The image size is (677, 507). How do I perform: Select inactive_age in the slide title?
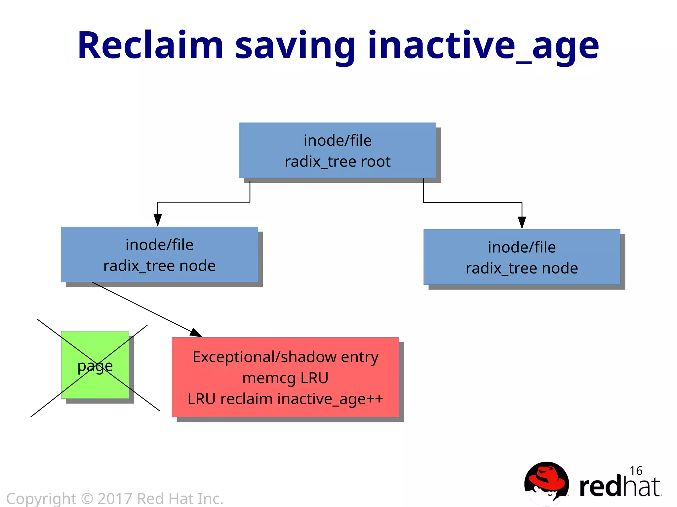tap(483, 46)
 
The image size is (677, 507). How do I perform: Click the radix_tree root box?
tap(338, 150)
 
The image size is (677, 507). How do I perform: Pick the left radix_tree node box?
tap(159, 254)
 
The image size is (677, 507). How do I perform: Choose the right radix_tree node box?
tap(522, 257)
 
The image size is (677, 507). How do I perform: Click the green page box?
tap(95, 365)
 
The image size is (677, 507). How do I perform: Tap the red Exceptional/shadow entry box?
tap(285, 377)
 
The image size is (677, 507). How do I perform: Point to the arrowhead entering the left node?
tap(158, 220)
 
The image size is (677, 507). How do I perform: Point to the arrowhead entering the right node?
tap(522, 222)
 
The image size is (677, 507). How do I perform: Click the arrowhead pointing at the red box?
tap(196, 333)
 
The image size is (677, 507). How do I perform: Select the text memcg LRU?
tap(285, 378)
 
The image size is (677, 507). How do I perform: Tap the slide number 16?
tap(636, 471)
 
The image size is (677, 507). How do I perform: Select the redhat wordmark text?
tap(620, 487)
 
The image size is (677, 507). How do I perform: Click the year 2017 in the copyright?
tap(115, 499)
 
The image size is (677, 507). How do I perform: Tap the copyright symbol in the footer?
tap(87, 499)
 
